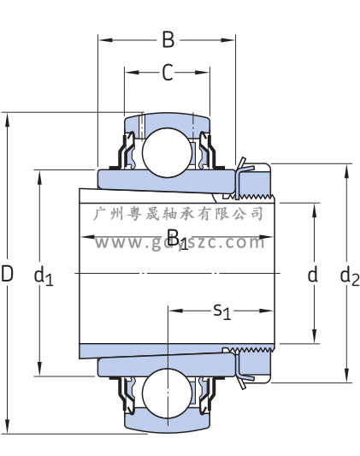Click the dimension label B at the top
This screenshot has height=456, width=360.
point(168,40)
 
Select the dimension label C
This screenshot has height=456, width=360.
point(168,73)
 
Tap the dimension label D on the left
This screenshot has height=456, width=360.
point(7,274)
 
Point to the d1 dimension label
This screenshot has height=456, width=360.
point(44,276)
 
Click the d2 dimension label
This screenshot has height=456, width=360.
point(350,276)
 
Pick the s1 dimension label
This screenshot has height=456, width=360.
point(222,311)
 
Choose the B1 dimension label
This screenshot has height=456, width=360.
point(178,240)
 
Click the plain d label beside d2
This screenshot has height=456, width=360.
point(313,275)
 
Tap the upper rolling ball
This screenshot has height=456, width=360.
point(167,152)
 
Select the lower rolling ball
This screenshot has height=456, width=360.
point(167,394)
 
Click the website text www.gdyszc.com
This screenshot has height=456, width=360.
point(180,242)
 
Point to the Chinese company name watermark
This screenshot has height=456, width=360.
point(178,214)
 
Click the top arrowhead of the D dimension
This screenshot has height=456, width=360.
point(7,120)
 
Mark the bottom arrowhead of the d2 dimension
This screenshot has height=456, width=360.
point(346,376)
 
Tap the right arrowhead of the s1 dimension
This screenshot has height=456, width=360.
point(266,311)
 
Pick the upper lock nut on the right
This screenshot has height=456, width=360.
point(254,181)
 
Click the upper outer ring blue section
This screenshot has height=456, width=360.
point(166,121)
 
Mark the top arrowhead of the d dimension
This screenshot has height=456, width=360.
point(314,210)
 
